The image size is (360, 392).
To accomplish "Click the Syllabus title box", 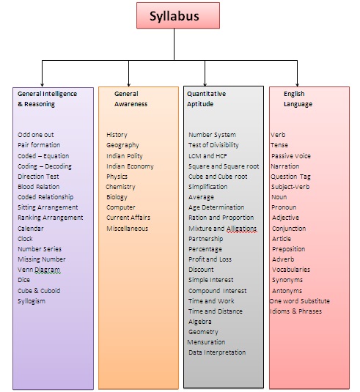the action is (178, 15).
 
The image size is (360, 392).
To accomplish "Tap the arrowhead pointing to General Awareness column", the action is (128, 85).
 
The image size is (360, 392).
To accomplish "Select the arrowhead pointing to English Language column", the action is (297, 85).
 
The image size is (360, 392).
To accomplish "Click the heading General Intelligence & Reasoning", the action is (47, 99).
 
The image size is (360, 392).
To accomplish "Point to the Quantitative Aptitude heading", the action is (206, 99).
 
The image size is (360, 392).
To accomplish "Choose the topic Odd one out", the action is (36, 135).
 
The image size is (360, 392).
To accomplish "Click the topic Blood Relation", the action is (39, 187).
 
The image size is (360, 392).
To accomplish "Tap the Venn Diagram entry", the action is (39, 270).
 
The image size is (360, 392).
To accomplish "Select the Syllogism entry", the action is (32, 301).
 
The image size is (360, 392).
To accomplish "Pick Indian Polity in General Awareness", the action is (125, 156).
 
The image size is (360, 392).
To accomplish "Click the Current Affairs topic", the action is (128, 218).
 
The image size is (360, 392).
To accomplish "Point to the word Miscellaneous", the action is (128, 229).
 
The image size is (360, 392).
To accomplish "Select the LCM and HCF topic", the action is (207, 156).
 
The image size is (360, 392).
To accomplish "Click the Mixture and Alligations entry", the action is (223, 229).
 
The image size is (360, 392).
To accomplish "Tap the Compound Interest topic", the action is (218, 291).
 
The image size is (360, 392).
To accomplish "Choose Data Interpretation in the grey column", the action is (217, 352).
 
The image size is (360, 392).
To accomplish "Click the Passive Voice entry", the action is (291, 156).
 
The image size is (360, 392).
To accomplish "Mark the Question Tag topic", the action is (290, 177).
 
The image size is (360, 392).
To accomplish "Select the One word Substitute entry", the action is (300, 301).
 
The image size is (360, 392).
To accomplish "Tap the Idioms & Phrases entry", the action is (296, 311).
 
